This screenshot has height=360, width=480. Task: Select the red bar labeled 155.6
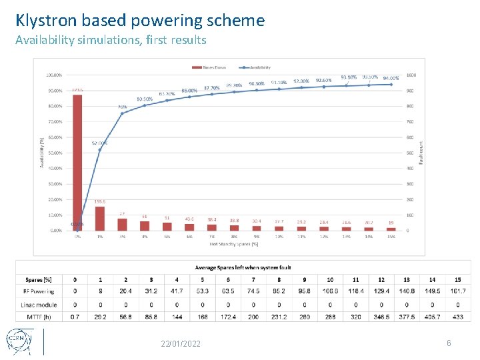100,218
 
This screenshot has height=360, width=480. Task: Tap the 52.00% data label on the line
99,143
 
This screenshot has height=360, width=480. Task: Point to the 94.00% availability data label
391,78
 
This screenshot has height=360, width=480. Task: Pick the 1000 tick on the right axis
411,75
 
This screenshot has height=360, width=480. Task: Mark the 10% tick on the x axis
279,237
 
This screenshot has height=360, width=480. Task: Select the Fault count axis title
421,153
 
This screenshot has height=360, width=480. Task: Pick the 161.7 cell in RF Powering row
457,291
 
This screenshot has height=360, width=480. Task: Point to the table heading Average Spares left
243,267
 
